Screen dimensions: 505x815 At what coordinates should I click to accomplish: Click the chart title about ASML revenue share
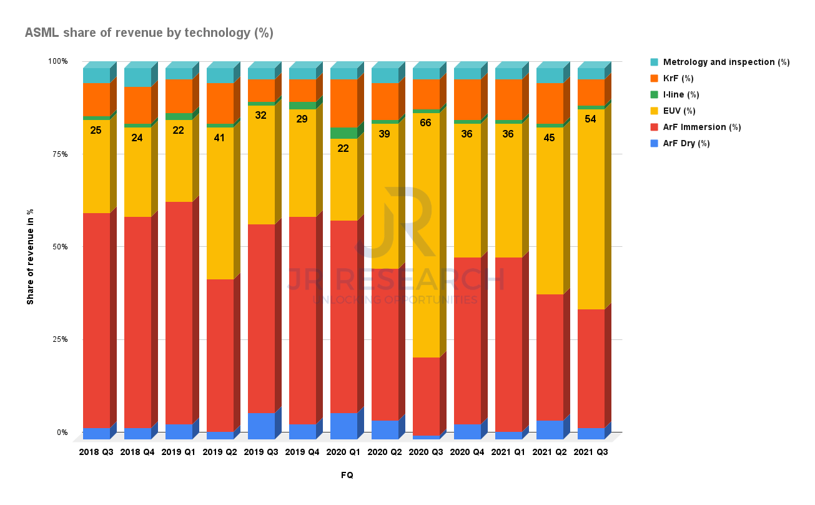coord(149,33)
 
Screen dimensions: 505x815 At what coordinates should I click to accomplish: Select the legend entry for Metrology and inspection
coord(726,62)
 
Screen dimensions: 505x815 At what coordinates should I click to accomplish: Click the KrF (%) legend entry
coord(678,78)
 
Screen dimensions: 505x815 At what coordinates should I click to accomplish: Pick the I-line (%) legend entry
coord(681,94)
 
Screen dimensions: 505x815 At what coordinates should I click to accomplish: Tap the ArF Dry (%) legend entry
coord(686,143)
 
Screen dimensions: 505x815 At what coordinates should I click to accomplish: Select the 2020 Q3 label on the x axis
coord(426,452)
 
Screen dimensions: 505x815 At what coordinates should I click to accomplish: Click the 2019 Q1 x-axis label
coord(179,452)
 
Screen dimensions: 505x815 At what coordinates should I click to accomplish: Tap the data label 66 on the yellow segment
coord(426,123)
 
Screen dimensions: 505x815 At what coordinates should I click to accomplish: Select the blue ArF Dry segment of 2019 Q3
coord(261,426)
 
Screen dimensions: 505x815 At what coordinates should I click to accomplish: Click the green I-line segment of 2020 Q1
coord(343,132)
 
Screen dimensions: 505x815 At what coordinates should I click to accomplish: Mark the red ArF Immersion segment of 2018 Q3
coord(96,319)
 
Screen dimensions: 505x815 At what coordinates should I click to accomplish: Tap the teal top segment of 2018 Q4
coord(137,77)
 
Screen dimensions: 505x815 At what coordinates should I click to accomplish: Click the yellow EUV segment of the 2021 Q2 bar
coord(550,212)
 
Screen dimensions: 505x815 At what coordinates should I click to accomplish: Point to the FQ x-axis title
coord(347,476)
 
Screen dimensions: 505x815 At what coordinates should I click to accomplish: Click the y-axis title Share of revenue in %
coord(30,256)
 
